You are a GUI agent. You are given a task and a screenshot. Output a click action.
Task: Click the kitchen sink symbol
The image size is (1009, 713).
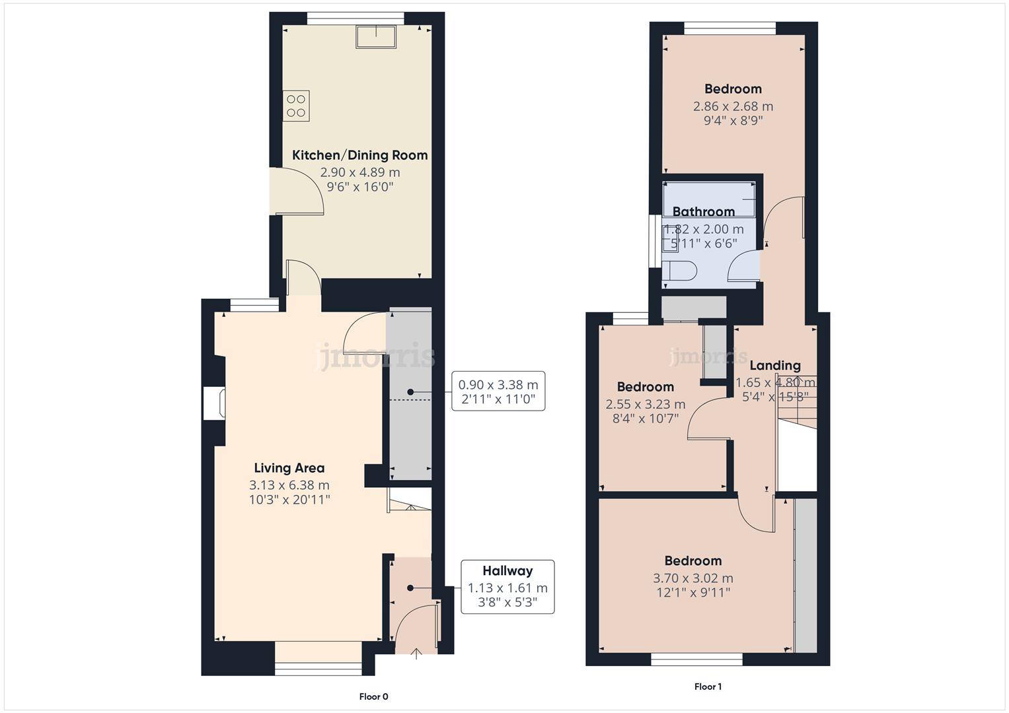pos(376,37)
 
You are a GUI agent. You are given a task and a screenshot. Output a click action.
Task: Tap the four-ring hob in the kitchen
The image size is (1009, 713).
pos(296,106)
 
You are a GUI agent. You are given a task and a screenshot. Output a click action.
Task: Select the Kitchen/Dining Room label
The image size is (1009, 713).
pos(359,155)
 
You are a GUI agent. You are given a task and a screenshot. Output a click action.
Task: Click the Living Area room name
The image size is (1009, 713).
pos(289,468)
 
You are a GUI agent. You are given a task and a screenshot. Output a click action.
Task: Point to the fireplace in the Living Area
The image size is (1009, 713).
pos(215,403)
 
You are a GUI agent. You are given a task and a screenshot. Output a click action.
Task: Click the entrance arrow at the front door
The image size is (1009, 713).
pos(416,654)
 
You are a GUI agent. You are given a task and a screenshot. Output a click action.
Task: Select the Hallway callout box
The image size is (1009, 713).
pos(507,587)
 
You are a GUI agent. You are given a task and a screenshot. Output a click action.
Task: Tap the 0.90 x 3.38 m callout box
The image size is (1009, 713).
pos(498,391)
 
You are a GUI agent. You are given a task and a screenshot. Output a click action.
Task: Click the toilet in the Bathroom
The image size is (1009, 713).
pos(680,271)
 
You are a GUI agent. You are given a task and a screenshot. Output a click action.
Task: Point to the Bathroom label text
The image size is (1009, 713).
pos(703,212)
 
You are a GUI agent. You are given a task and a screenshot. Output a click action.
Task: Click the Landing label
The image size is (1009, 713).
pos(774,366)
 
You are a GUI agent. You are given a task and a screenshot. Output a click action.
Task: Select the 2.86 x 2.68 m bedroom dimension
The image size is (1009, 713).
pos(733,106)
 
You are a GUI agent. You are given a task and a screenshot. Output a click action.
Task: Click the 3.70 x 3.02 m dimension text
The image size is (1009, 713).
pos(692,578)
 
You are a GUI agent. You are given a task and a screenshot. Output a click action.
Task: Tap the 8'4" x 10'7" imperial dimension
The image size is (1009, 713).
pos(645,418)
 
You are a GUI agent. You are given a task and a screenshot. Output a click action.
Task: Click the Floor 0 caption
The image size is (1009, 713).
pos(373,696)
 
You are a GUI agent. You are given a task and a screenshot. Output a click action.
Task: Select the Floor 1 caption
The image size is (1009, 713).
pos(708,687)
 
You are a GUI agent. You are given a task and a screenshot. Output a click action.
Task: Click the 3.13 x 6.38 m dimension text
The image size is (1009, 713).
pos(289,485)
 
